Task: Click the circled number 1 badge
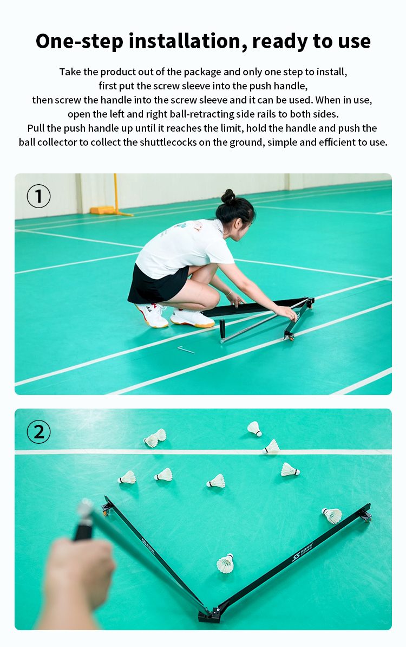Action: [x=39, y=196]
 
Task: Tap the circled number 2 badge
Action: [x=39, y=432]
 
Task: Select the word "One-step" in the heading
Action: [x=80, y=42]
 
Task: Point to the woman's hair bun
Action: [x=228, y=196]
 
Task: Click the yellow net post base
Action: [x=103, y=210]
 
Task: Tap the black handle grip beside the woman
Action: [x=222, y=329]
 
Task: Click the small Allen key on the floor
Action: [x=186, y=350]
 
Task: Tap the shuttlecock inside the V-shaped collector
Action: [x=226, y=563]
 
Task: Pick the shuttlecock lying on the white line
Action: [x=271, y=447]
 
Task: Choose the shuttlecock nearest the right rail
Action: [x=332, y=515]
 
